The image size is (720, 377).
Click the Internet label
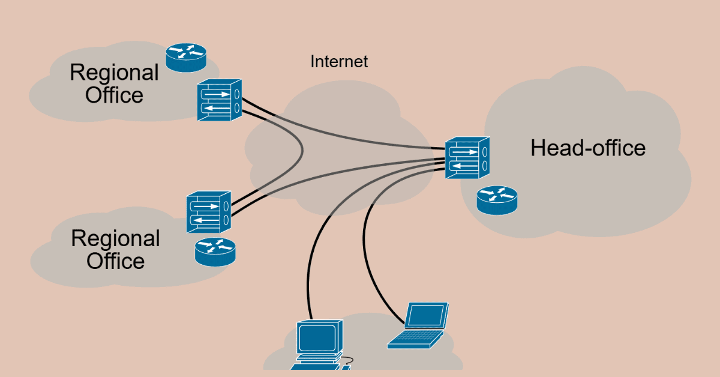(x=339, y=61)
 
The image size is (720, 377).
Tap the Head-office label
(x=587, y=148)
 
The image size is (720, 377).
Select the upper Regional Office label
(x=114, y=83)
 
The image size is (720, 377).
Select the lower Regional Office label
(x=115, y=250)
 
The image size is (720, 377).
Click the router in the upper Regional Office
(x=186, y=56)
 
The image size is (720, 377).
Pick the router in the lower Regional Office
(x=215, y=252)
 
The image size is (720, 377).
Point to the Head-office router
(x=497, y=200)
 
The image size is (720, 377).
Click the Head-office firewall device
(x=467, y=157)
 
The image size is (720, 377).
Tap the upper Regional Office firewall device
(x=219, y=100)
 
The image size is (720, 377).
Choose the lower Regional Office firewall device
(x=208, y=213)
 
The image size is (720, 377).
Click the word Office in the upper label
(x=114, y=95)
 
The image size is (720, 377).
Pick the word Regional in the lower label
(x=115, y=238)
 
